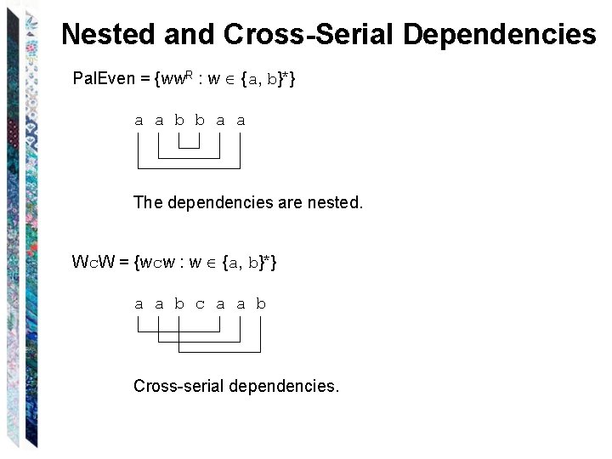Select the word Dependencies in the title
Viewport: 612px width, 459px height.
(x=500, y=34)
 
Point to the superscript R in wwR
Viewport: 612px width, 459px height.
(x=190, y=75)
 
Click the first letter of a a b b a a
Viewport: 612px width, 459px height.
(x=139, y=121)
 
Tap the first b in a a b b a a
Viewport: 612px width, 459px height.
(x=179, y=121)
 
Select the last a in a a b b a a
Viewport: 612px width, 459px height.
(x=241, y=121)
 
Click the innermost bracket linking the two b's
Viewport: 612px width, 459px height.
(x=190, y=148)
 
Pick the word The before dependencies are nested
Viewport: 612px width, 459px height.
(x=148, y=203)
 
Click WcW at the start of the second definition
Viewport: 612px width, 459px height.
(x=94, y=263)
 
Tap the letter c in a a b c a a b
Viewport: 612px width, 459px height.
(x=200, y=304)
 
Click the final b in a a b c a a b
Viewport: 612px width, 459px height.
(x=261, y=304)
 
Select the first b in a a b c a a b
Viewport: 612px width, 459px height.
(x=179, y=304)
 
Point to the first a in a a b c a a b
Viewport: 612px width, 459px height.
(x=139, y=304)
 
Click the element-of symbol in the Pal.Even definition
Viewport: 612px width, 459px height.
(x=229, y=80)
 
